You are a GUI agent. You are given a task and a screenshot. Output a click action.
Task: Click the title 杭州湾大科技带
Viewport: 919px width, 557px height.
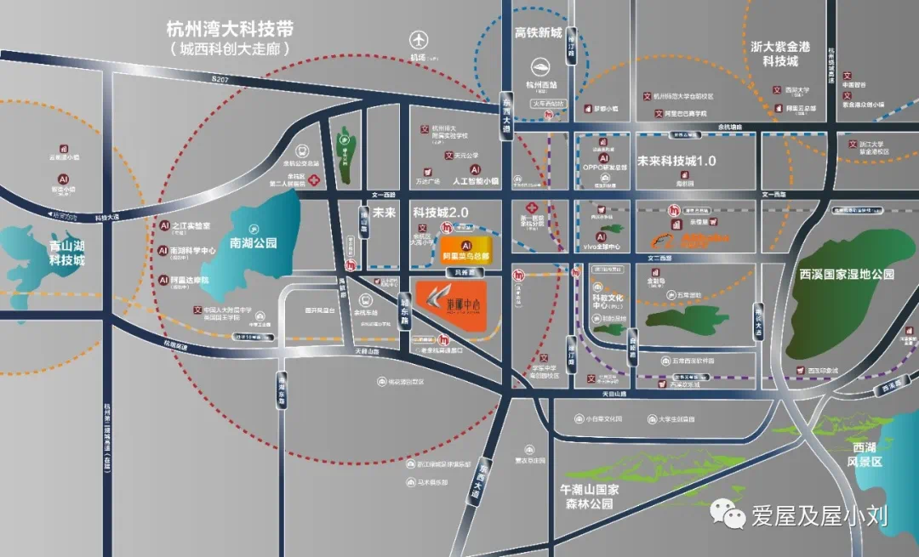coord(230,28)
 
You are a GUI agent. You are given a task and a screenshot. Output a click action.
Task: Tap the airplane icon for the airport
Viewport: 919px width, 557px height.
coord(418,40)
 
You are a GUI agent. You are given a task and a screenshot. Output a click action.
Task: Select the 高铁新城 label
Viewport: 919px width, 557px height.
coord(539,33)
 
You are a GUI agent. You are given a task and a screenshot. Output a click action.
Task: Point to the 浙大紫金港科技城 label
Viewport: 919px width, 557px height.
coord(779,54)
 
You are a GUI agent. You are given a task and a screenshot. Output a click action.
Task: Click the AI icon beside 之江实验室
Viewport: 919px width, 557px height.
coord(163,226)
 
